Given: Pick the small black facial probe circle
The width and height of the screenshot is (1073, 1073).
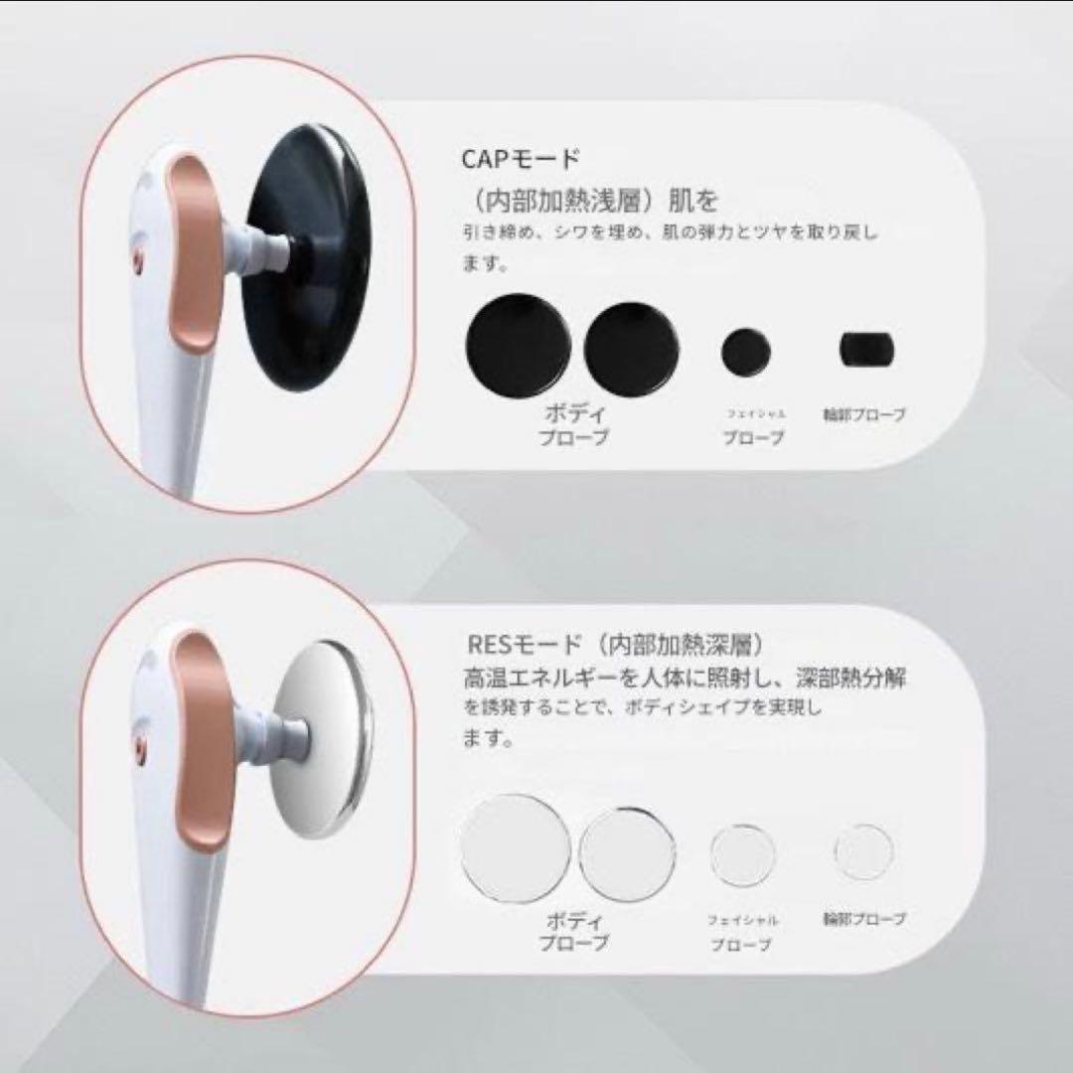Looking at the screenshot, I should [x=747, y=350].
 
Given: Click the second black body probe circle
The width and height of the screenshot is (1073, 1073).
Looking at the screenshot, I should [x=632, y=346].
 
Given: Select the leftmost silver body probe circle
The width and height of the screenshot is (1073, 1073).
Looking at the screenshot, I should [x=517, y=845].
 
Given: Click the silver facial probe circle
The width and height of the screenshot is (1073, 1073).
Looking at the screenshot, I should [x=743, y=854].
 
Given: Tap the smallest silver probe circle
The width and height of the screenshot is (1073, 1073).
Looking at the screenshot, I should [x=863, y=852].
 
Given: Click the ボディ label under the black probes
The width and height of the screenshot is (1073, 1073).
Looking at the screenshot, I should [x=575, y=412].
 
